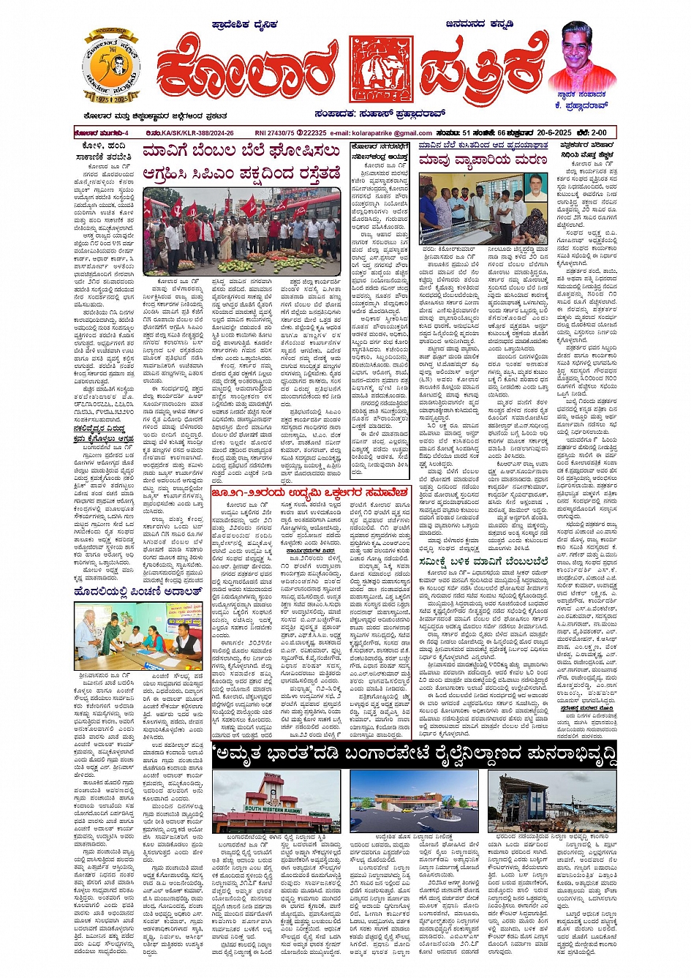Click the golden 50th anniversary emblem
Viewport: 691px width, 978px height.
111,68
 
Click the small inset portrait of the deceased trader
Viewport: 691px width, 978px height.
535,187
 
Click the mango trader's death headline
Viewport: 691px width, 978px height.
483,159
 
